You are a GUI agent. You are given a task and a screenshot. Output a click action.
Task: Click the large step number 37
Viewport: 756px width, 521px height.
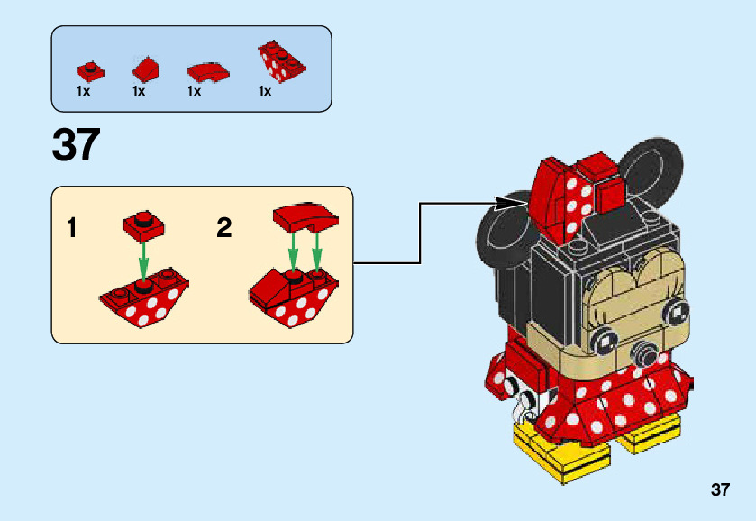(76, 146)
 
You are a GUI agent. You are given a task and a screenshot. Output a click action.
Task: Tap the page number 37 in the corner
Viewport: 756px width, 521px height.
(719, 490)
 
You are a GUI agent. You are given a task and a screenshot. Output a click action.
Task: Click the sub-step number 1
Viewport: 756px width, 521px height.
(72, 228)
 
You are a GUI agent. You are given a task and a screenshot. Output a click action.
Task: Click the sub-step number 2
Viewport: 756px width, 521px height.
(224, 228)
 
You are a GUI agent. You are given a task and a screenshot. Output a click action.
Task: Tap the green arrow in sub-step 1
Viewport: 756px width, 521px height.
(142, 262)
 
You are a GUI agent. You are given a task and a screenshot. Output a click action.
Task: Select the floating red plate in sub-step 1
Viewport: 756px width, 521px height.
(141, 224)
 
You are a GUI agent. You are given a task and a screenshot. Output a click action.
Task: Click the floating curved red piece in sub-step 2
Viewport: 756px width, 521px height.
(305, 216)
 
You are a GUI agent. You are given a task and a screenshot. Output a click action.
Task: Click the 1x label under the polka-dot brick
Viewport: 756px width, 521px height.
(265, 91)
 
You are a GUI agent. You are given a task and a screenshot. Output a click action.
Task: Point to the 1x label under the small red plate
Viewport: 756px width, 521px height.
(84, 91)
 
